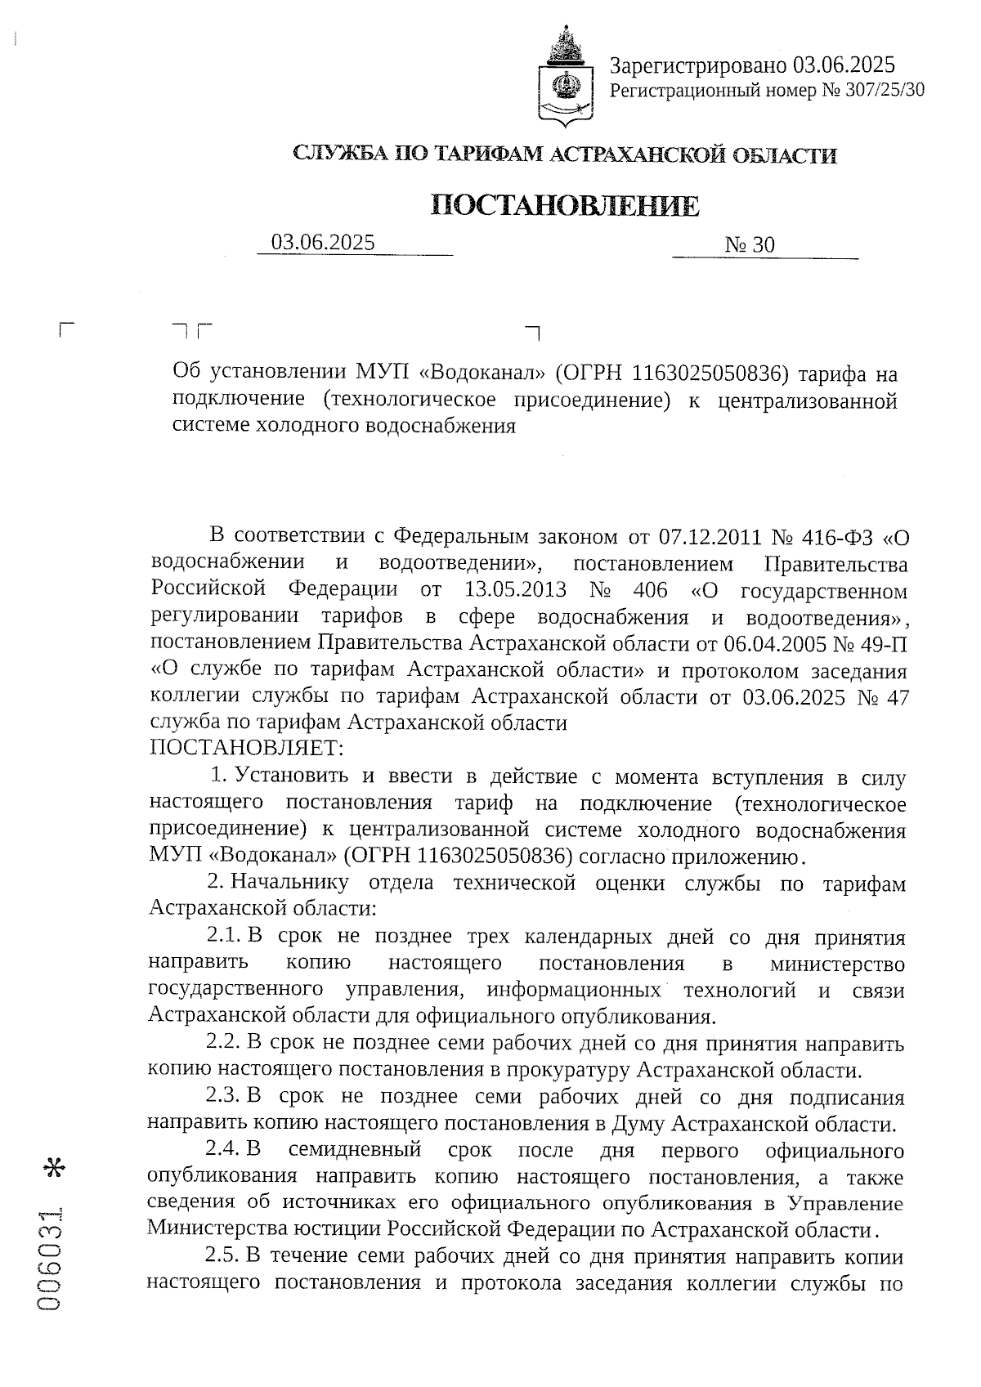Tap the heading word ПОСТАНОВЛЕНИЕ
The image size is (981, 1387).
pos(565,205)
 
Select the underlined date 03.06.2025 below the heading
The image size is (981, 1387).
pos(323,242)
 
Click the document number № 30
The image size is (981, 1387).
pos(749,245)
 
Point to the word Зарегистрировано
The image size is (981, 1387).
pos(697,65)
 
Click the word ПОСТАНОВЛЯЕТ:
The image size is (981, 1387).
pos(247,749)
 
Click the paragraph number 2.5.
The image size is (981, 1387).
pos(222,1255)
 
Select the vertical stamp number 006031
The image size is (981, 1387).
pos(55,1266)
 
